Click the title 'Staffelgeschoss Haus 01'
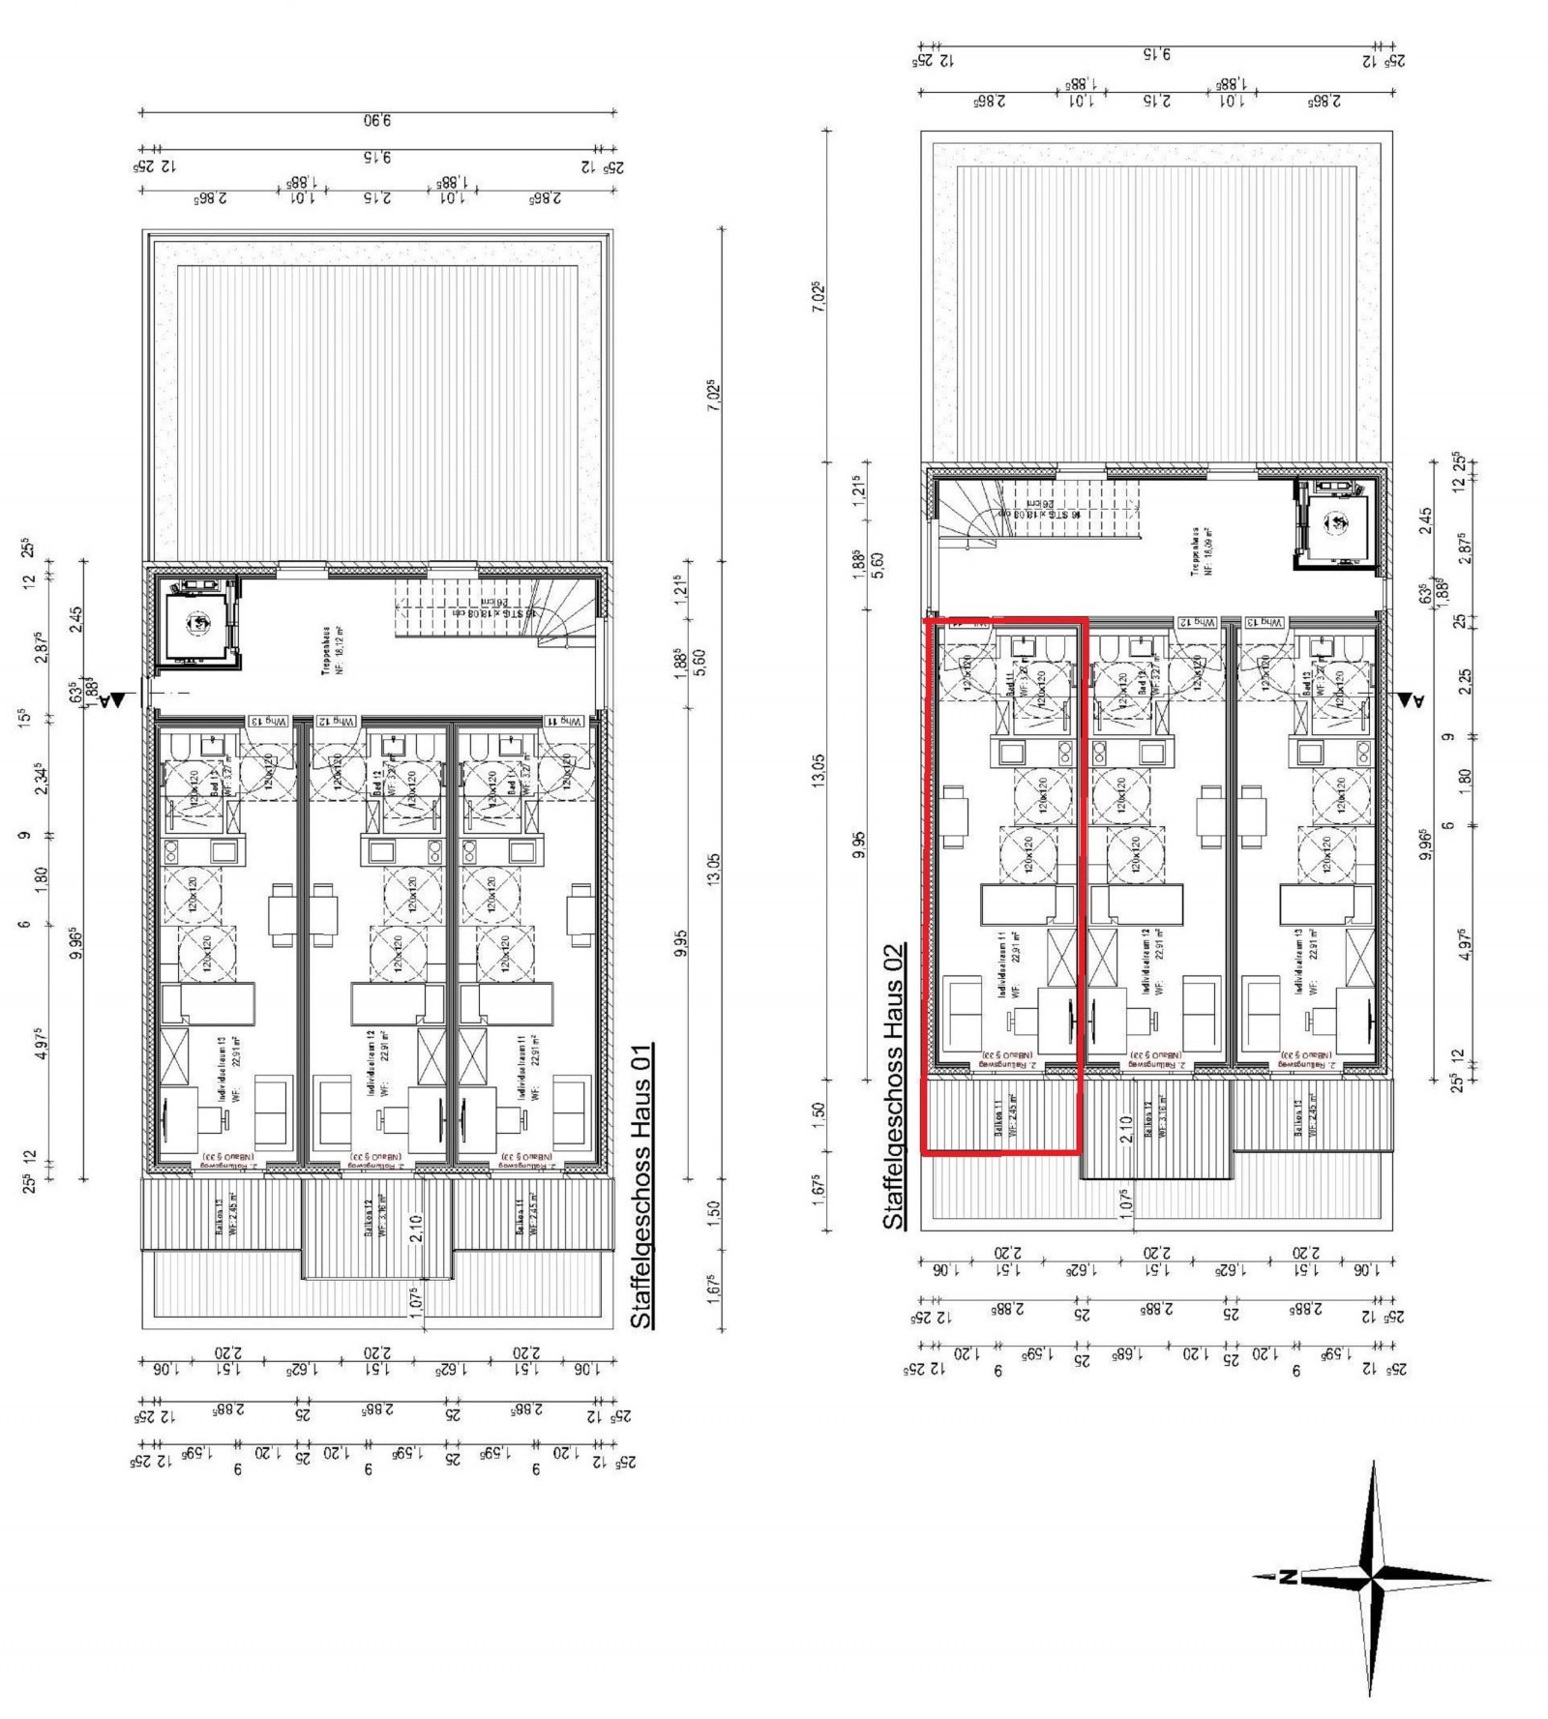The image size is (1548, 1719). (641, 1184)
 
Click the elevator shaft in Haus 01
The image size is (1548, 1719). (198, 623)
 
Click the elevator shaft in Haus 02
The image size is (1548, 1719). (1338, 523)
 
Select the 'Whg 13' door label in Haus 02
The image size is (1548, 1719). (1264, 624)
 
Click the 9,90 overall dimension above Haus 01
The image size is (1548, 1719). (377, 122)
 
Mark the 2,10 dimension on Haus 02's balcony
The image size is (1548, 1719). (1124, 1129)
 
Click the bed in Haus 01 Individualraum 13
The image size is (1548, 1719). (208, 1003)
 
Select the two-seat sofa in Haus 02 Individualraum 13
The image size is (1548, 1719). (1262, 1015)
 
